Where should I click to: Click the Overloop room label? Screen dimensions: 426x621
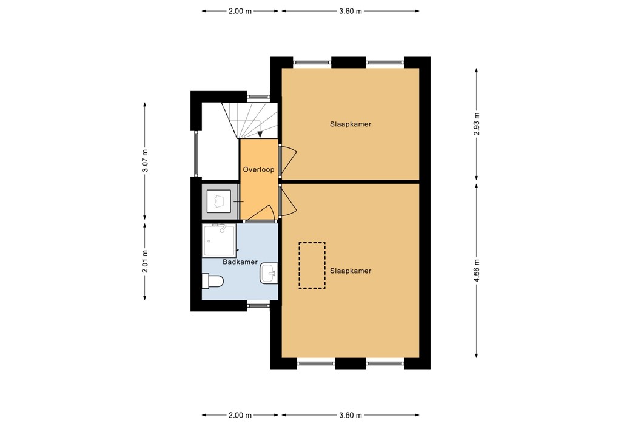259,170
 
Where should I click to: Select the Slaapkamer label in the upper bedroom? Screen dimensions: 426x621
351,124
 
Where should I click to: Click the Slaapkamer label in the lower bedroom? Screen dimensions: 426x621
351,271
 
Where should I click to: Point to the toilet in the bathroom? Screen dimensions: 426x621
213,281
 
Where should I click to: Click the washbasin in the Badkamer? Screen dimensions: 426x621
268,273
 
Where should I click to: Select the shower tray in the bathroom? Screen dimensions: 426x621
219,240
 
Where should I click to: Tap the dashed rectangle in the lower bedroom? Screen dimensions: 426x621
312,265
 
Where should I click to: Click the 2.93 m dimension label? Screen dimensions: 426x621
477,124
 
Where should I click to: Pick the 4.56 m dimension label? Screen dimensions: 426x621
477,271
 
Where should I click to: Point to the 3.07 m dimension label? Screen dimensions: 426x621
145,161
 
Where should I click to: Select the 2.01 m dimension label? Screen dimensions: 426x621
145,262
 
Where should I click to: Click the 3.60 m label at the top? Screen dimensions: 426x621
351,11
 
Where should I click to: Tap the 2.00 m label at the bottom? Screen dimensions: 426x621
240,415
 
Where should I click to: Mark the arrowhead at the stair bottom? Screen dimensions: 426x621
260,135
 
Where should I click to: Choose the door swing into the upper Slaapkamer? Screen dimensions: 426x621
289,159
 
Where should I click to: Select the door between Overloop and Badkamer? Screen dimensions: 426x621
261,212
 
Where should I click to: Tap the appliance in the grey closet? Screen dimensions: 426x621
218,200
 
